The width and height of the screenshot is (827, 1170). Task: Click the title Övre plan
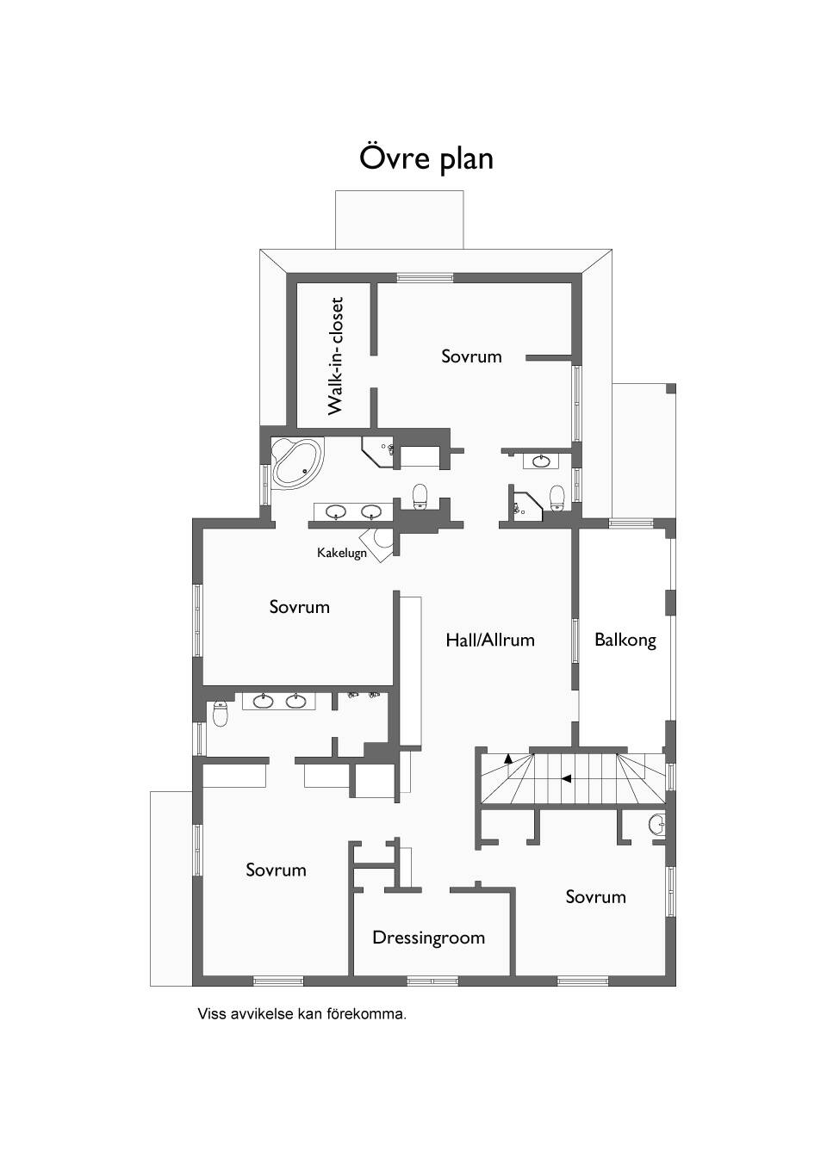point(426,159)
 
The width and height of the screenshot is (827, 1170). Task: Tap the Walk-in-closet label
point(335,356)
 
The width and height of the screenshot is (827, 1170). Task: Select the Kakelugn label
point(342,553)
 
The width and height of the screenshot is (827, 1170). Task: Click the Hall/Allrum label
point(490,640)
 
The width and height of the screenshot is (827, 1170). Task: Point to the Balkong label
point(625,640)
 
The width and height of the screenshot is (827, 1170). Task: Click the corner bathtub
point(297,461)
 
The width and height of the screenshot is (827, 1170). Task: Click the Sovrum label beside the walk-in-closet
point(471,356)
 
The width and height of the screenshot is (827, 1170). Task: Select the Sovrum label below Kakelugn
point(300,607)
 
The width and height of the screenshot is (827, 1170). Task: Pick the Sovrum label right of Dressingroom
point(596,897)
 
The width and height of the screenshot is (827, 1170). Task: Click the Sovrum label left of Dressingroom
point(276,870)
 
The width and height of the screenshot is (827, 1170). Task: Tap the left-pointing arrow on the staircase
point(566,779)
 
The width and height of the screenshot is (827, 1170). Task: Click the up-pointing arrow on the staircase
point(507,759)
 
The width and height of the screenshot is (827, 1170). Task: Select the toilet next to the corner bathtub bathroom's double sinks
point(420,496)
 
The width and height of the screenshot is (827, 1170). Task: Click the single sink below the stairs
point(656,826)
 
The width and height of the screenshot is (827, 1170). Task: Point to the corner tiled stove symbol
point(378,543)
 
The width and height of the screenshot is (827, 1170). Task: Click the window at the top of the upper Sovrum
point(425,278)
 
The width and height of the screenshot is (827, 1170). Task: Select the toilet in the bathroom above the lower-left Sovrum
point(221,714)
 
